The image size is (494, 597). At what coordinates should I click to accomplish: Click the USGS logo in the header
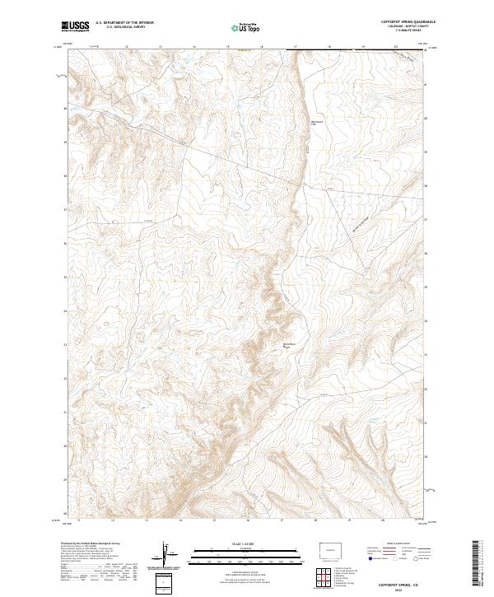click(75, 26)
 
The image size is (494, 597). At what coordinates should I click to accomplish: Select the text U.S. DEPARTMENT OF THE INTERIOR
click(124, 23)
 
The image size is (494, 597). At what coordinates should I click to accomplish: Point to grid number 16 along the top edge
click(260, 48)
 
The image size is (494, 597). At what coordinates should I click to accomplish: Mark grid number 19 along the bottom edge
click(348, 520)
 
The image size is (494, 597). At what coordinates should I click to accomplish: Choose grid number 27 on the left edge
click(66, 210)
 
